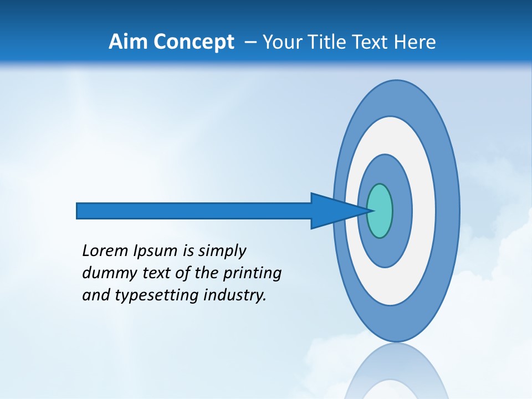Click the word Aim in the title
coord(127,42)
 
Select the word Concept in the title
coord(192,42)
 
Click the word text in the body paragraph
coord(145,273)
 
